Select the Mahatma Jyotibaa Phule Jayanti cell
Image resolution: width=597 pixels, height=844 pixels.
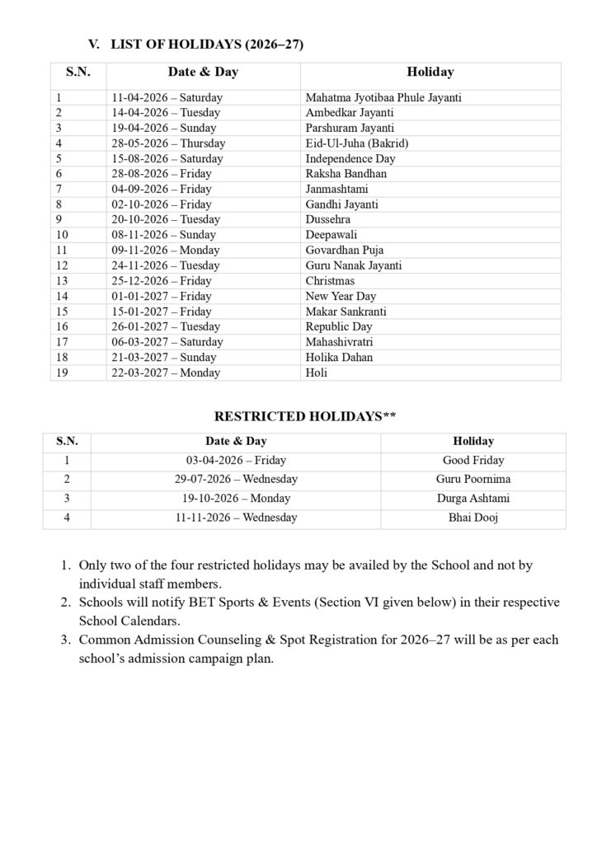coord(383,97)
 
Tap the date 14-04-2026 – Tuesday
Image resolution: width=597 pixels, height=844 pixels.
coord(166,112)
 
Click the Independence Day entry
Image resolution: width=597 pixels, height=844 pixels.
coord(350,158)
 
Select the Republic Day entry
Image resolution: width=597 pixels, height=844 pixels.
coord(339,327)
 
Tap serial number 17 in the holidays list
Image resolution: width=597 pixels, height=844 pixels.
coord(62,342)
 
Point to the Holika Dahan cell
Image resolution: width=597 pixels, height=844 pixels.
coord(339,358)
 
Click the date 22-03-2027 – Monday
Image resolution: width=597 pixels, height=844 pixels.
coord(166,373)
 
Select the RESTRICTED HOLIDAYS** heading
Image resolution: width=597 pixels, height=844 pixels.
coord(305,417)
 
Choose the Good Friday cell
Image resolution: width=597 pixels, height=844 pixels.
coord(473,461)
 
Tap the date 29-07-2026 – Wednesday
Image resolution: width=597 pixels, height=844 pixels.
coord(236,479)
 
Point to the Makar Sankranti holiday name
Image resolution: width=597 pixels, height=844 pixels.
coord(346,312)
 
